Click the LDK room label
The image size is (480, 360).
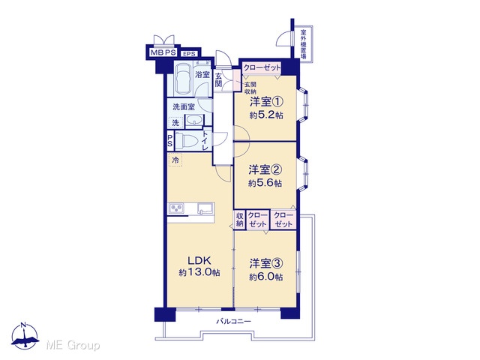click(x=199, y=260)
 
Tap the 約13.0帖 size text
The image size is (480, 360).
click(x=199, y=272)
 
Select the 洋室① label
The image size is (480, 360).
click(x=266, y=102)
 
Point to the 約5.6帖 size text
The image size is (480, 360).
click(x=265, y=183)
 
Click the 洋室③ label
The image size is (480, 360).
click(x=266, y=263)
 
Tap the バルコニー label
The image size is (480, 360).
click(x=234, y=322)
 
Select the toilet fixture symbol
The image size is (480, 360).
click(x=188, y=141)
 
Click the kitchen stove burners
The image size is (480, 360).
click(x=175, y=208)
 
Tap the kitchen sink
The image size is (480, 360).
click(x=205, y=208)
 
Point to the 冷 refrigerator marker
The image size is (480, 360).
click(x=175, y=160)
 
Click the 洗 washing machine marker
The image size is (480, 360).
click(x=175, y=123)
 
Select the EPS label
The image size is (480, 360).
click(x=189, y=54)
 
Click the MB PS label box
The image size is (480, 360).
click(x=163, y=52)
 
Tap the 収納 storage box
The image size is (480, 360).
click(x=240, y=220)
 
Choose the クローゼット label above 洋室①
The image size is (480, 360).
click(x=262, y=67)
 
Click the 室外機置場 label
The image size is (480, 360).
click(x=303, y=44)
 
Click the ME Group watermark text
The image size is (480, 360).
click(x=73, y=346)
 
